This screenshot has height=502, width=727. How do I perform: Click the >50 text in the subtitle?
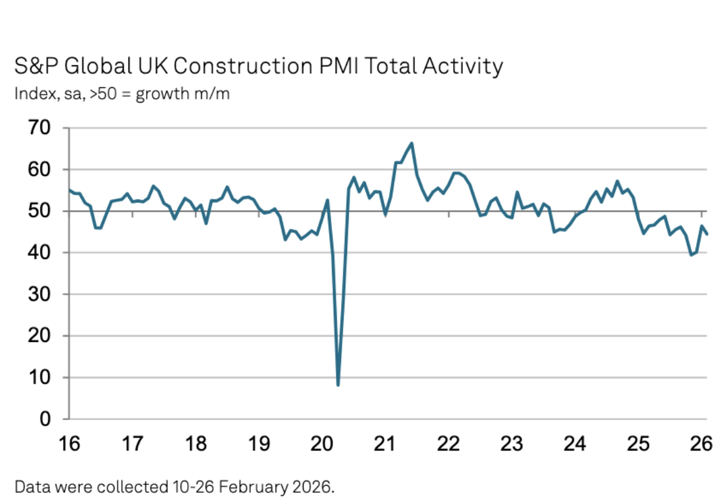coord(107,95)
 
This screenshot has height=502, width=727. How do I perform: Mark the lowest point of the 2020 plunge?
coord(337,385)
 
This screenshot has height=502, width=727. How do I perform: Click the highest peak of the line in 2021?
coord(411,143)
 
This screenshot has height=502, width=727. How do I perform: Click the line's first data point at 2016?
coord(70,190)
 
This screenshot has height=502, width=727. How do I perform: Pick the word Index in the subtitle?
coord(31,95)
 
